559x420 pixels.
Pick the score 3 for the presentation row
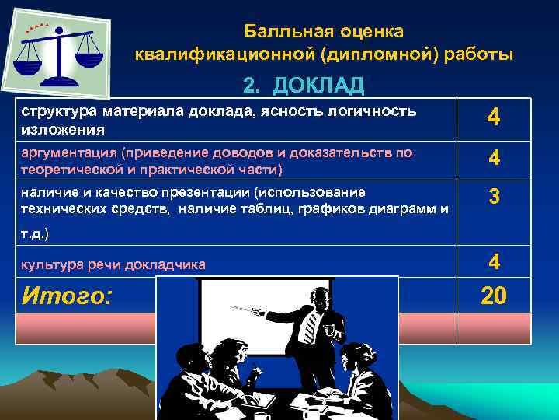pyautogui.click(x=494, y=198)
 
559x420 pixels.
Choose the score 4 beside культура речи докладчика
pyautogui.click(x=494, y=261)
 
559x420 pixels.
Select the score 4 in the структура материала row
pyautogui.click(x=494, y=118)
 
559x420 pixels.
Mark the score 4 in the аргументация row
pyautogui.click(x=494, y=158)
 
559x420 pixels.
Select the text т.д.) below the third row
pyautogui.click(x=35, y=233)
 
